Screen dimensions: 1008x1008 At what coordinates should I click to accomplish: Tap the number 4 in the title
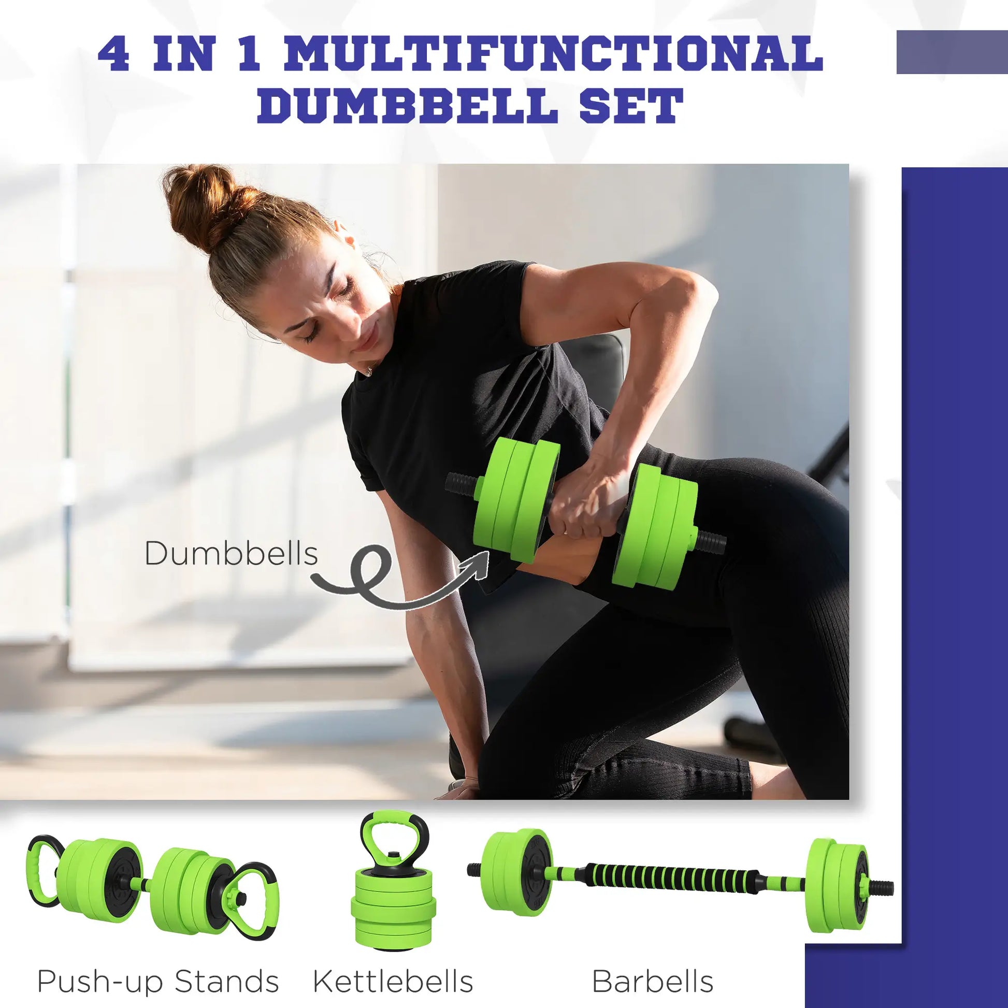point(113,54)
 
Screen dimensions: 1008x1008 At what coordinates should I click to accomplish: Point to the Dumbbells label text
point(231,554)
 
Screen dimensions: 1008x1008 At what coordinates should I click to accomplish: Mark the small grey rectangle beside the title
point(952,52)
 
